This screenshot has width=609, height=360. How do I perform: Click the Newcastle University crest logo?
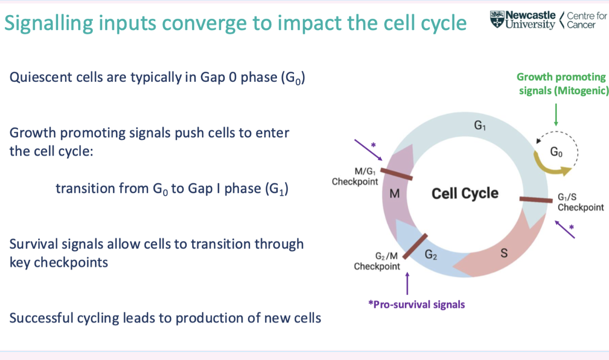click(x=498, y=20)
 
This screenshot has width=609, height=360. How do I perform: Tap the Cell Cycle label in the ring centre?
click(x=465, y=193)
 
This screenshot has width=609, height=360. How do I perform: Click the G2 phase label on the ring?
click(x=431, y=255)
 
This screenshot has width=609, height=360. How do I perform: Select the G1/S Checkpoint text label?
click(x=580, y=203)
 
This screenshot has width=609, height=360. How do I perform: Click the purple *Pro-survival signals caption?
click(x=416, y=304)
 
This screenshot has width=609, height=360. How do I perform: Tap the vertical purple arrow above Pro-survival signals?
click(x=407, y=283)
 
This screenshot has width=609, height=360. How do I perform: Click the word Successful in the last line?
click(x=42, y=318)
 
